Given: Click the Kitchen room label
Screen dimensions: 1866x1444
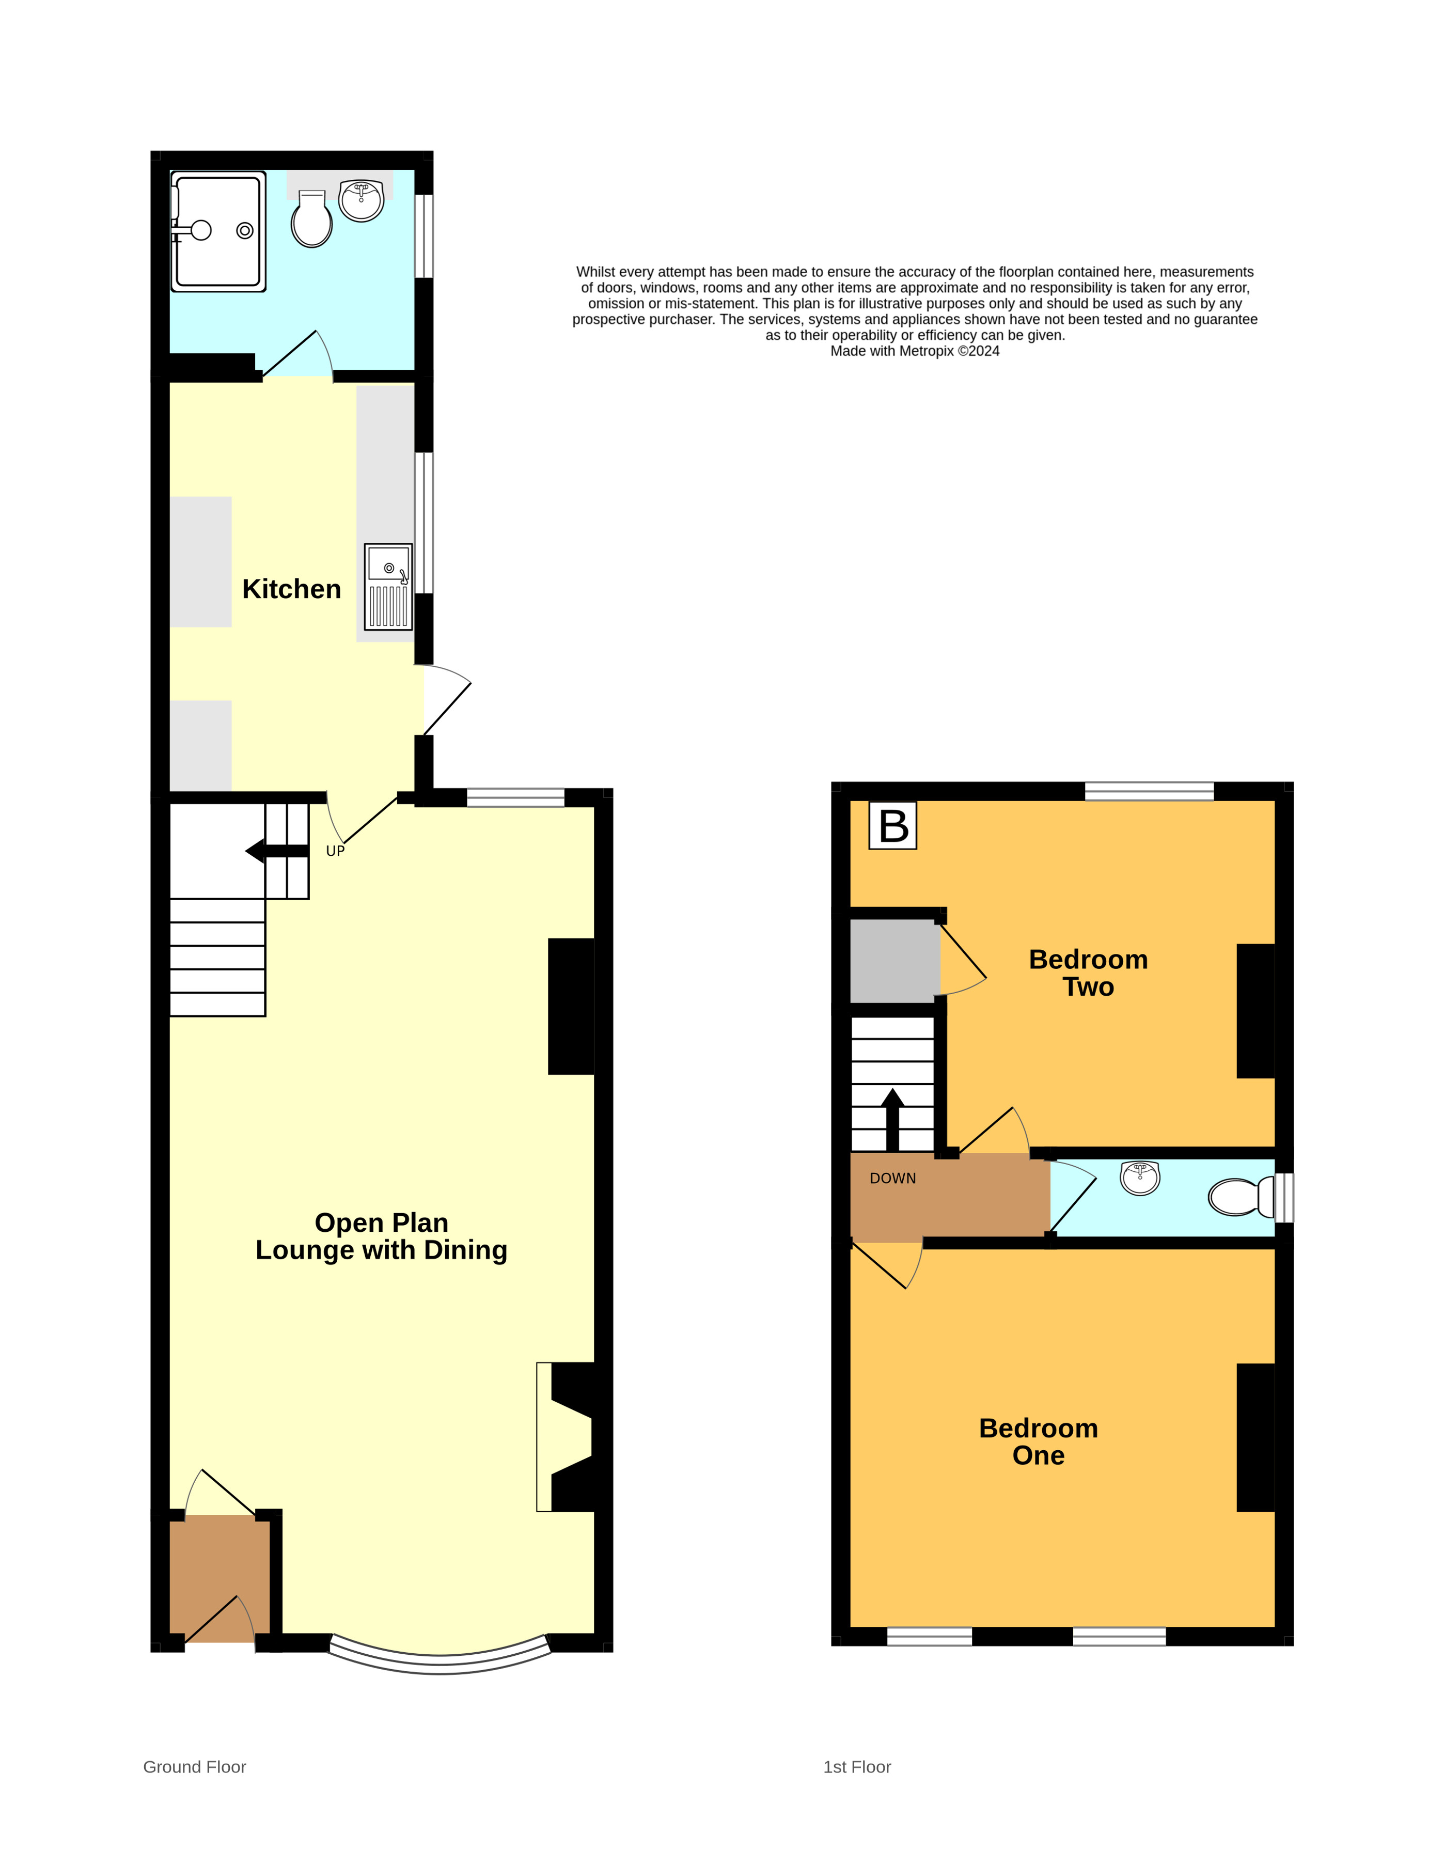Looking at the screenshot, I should click(x=291, y=589).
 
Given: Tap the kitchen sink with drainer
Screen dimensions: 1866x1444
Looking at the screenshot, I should click(x=388, y=587).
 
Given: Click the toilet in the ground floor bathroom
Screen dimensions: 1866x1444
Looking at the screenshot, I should click(x=312, y=221).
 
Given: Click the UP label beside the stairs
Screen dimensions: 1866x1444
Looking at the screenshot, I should click(x=335, y=851).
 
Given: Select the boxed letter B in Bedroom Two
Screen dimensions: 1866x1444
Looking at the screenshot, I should click(x=893, y=825).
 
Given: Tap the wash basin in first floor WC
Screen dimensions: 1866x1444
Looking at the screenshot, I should click(x=1140, y=1178).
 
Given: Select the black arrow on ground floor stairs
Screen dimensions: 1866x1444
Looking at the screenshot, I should click(x=276, y=851).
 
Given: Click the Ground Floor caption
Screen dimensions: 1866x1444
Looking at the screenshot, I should click(x=194, y=1767).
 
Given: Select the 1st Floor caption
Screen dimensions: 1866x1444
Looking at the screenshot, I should click(x=856, y=1767).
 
